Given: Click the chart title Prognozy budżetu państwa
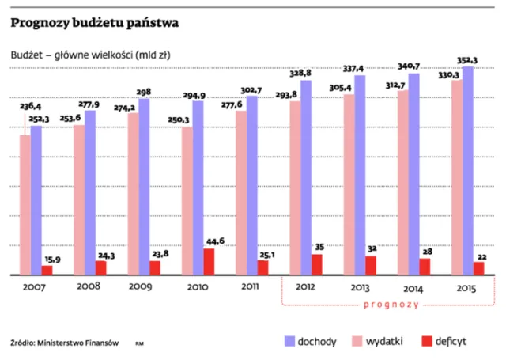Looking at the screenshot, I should click(x=94, y=23).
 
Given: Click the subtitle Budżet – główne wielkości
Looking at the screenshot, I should click(x=90, y=55).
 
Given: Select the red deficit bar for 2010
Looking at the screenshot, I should click(x=208, y=262).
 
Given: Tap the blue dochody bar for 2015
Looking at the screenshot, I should click(x=469, y=171).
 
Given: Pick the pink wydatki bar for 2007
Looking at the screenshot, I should click(x=25, y=205).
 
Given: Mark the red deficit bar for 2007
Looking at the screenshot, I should click(x=47, y=270).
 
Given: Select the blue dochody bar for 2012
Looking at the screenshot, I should click(x=306, y=178).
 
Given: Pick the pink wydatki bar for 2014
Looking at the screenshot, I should click(x=402, y=183).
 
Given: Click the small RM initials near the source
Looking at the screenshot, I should click(x=139, y=343).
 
